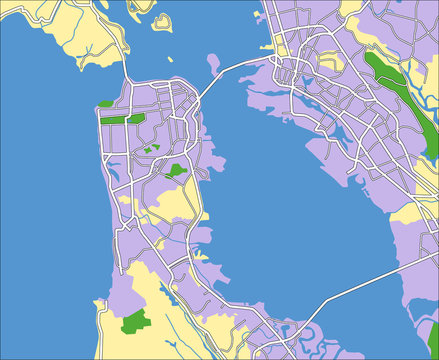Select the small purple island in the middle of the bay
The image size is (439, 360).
(213, 65)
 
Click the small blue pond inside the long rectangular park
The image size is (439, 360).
(129, 117)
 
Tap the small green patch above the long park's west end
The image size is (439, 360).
(105, 103)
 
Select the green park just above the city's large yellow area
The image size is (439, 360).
(177, 170)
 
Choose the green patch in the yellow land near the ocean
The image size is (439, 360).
(135, 322)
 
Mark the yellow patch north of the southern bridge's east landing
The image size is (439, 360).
(406, 216)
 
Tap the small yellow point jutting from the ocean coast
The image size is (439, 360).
(99, 301)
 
